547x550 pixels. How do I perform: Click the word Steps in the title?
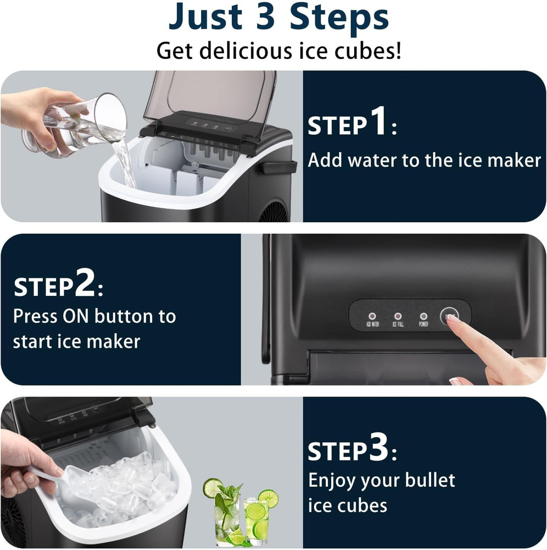coord(333,18)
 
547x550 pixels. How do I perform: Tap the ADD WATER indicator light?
coord(372,316)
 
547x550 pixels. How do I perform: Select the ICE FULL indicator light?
coord(398,316)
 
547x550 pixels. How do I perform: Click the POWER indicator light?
coord(423,316)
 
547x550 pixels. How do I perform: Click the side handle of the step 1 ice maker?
coord(277,167)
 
